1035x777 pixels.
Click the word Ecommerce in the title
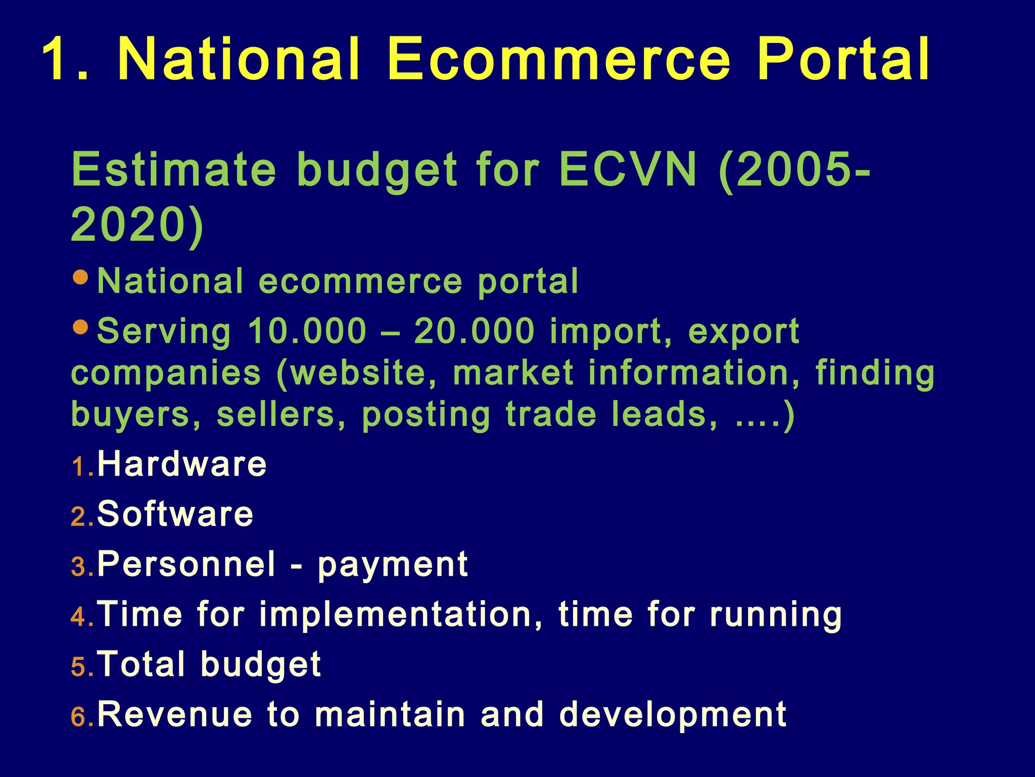coord(558,60)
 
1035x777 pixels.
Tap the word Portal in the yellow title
coord(843,60)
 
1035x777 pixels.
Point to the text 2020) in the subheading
coord(137,225)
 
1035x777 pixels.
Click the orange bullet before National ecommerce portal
coord(81,277)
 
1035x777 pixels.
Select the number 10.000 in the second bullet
coord(307,331)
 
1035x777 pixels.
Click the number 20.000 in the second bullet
coord(474,331)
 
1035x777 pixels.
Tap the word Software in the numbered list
coord(175,514)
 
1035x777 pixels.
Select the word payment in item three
coord(393,565)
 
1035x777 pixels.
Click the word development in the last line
coord(673,715)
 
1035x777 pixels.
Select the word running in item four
coord(776,615)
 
